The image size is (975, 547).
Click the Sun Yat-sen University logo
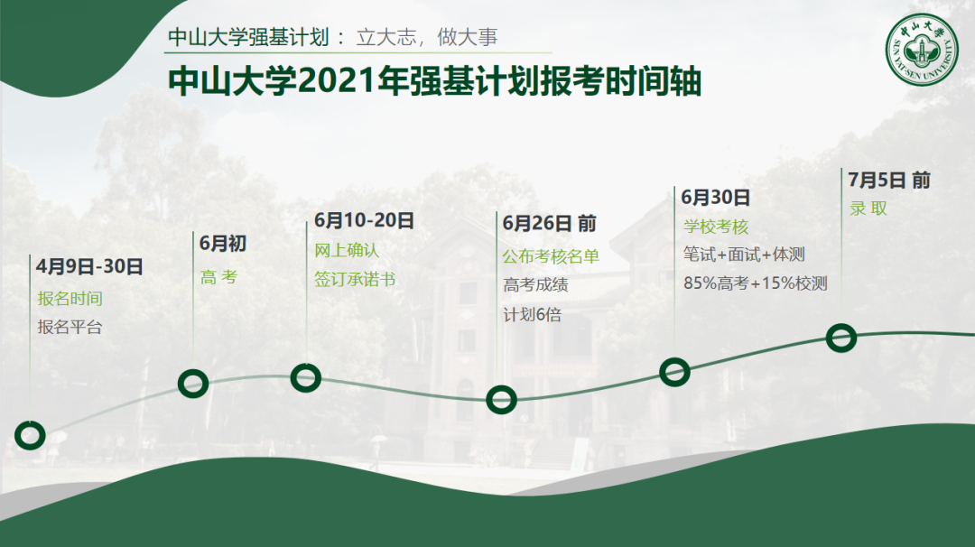click(922, 49)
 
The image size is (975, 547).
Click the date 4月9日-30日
click(89, 266)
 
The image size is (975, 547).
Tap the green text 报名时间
click(70, 299)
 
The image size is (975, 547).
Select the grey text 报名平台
click(70, 327)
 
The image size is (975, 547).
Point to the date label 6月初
click(223, 243)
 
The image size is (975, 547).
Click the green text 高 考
click(218, 277)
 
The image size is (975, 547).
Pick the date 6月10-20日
click(364, 220)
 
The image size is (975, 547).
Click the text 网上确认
click(347, 250)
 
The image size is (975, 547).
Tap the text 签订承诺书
click(355, 279)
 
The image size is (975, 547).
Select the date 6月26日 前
click(550, 223)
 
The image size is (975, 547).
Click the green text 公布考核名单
click(551, 256)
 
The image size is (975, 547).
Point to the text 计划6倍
click(533, 314)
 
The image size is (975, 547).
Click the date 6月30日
click(716, 198)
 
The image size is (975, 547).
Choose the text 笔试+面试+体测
click(744, 255)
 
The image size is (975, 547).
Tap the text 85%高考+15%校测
click(756, 283)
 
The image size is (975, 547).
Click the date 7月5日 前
click(889, 181)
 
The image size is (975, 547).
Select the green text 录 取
click(868, 209)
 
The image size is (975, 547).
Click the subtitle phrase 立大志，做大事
click(427, 37)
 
